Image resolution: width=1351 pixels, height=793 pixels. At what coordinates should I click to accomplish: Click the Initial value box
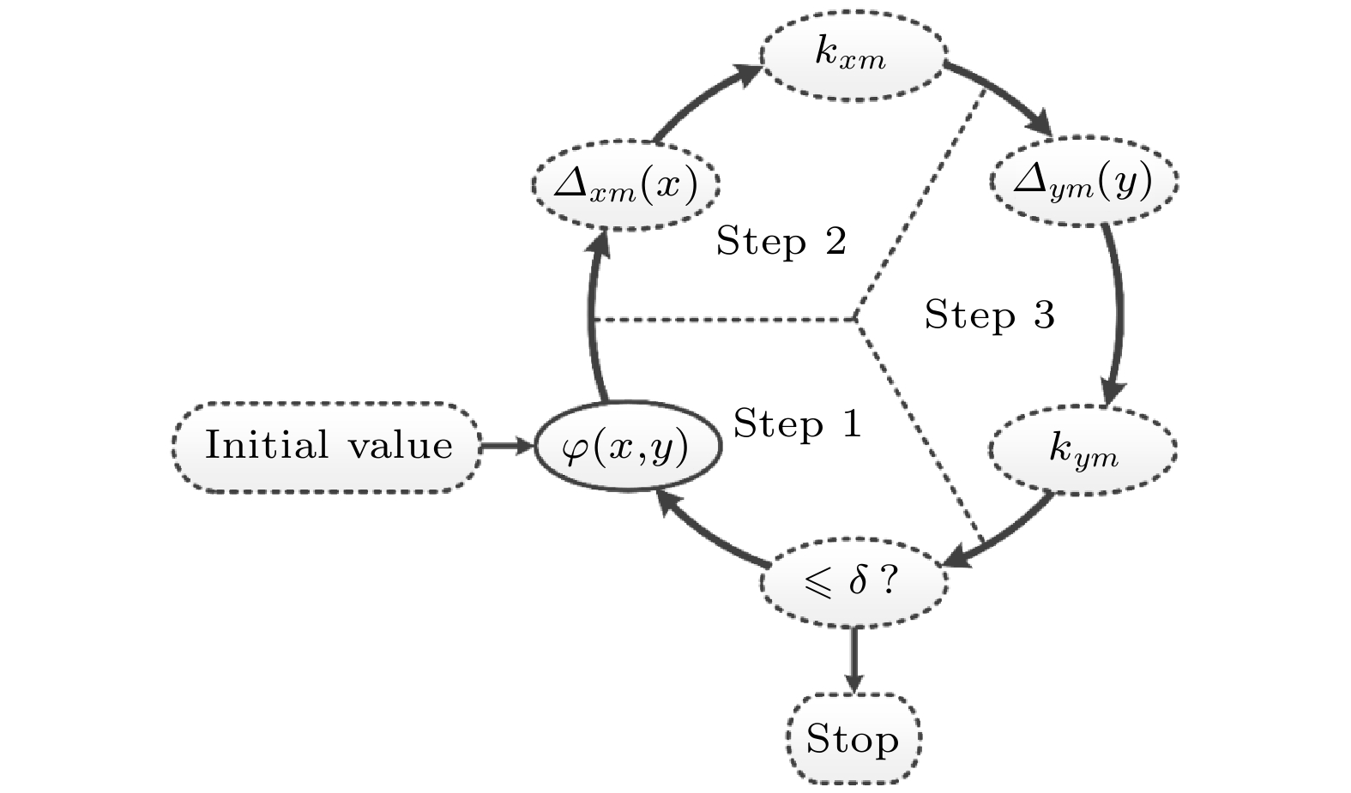pyautogui.click(x=327, y=447)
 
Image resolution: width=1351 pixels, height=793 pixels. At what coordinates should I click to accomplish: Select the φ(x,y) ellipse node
pyautogui.click(x=627, y=447)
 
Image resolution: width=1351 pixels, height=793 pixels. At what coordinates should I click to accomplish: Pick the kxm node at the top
pyautogui.click(x=853, y=57)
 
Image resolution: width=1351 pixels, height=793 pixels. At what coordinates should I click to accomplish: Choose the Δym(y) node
pyautogui.click(x=1083, y=182)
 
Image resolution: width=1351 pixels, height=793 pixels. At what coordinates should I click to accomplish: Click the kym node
pyautogui.click(x=1083, y=449)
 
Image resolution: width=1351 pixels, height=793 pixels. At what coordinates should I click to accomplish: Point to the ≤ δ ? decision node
pyautogui.click(x=853, y=583)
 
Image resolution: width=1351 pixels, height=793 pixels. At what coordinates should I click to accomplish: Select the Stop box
pyautogui.click(x=853, y=739)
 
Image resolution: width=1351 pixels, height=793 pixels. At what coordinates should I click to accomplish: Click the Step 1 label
pyautogui.click(x=798, y=424)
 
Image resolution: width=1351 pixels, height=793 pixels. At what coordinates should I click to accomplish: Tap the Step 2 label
pyautogui.click(x=781, y=242)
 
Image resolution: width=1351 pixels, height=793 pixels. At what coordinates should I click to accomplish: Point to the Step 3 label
pyautogui.click(x=989, y=315)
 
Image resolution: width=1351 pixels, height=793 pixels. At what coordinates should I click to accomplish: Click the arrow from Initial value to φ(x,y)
pyautogui.click(x=507, y=447)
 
